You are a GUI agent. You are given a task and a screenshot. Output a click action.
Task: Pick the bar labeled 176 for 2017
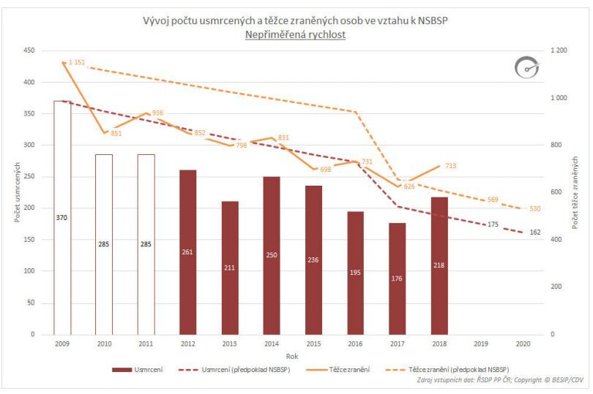(398, 279)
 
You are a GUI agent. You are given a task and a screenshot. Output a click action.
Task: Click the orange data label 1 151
(77, 63)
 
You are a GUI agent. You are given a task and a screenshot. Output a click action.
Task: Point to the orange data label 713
(450, 166)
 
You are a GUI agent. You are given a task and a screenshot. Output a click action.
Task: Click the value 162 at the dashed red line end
(534, 232)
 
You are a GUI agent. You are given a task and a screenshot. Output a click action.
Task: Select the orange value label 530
(534, 208)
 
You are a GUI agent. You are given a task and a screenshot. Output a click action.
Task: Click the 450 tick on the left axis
(29, 50)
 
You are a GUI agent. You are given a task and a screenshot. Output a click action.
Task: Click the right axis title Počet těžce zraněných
(575, 192)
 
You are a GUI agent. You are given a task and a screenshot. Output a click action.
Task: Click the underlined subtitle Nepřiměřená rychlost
(296, 34)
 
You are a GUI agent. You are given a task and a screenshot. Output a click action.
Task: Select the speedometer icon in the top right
(526, 68)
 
